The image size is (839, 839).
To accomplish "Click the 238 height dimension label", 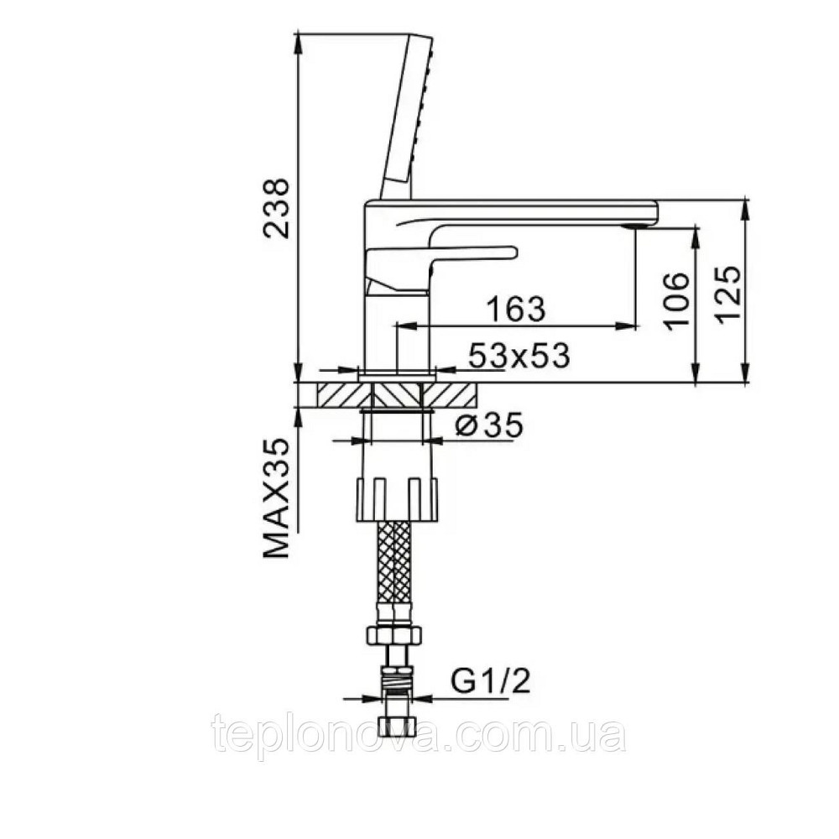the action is pos(277,208).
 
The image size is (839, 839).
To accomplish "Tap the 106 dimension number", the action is pos(675,300).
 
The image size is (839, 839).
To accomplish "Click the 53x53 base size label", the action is pos(519,355).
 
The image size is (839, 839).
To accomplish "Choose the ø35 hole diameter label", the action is pos(487,426).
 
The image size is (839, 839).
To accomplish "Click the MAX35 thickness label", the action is pos(277,498).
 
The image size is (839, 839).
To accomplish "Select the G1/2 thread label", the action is pos(490,681).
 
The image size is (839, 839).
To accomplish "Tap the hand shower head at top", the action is pos(406,117).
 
